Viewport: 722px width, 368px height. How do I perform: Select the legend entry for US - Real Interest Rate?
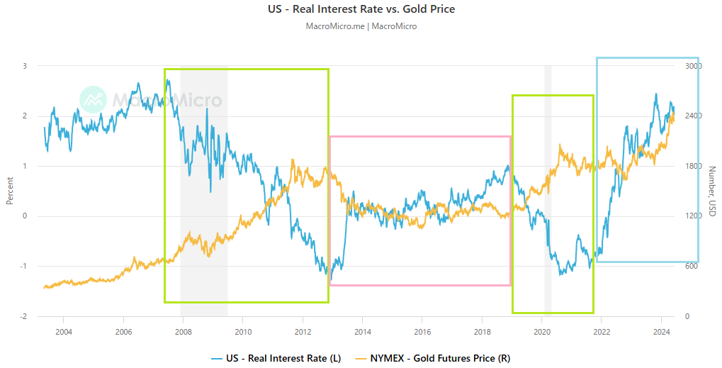point(283,358)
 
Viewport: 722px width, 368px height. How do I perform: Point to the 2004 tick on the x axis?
point(63,330)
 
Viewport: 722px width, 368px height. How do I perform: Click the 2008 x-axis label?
point(183,330)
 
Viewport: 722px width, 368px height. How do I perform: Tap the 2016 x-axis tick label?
point(422,330)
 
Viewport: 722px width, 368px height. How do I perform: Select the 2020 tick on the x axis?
point(542,330)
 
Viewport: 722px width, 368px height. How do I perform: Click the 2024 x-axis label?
point(661,330)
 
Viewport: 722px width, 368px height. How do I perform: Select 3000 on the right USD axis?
point(691,66)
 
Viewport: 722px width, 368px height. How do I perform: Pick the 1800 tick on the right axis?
point(691,166)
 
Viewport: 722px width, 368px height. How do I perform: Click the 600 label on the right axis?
point(689,267)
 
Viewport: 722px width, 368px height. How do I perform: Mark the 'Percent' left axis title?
point(10,191)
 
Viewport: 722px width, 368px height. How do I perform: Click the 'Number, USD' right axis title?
point(711,191)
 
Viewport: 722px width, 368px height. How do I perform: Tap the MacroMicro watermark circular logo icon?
point(93,100)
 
